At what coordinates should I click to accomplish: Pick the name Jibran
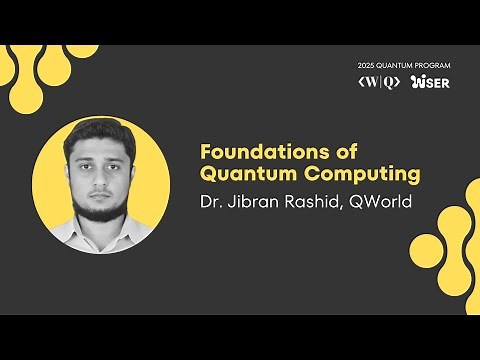click(x=251, y=201)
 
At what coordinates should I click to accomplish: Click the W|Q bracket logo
click(x=379, y=82)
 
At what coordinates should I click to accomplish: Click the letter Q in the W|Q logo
click(x=388, y=82)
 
